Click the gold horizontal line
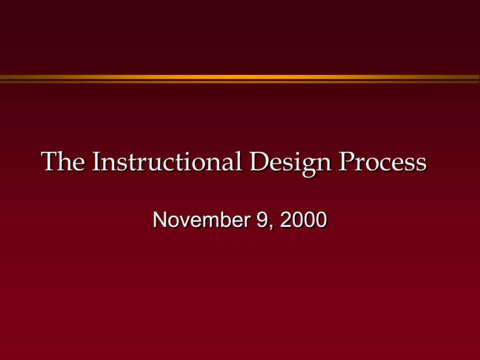click(x=240, y=77)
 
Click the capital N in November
click(x=161, y=220)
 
